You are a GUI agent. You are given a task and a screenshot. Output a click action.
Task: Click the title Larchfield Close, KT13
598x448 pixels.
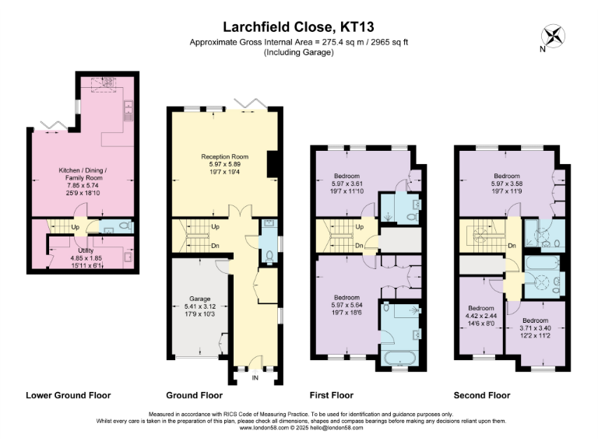tap(299, 27)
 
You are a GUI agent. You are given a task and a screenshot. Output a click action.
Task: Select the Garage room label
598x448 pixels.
tap(200, 298)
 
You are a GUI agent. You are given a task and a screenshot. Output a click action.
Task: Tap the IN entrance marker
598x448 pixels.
tap(255, 379)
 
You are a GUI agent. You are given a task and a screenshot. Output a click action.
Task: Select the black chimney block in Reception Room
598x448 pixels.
tap(270, 166)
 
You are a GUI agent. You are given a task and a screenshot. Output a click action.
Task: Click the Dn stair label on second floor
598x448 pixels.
tap(512, 246)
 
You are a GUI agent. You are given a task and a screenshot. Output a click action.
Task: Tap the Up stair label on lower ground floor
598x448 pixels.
tap(75, 227)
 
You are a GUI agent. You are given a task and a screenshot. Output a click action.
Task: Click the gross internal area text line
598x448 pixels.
tap(299, 42)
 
